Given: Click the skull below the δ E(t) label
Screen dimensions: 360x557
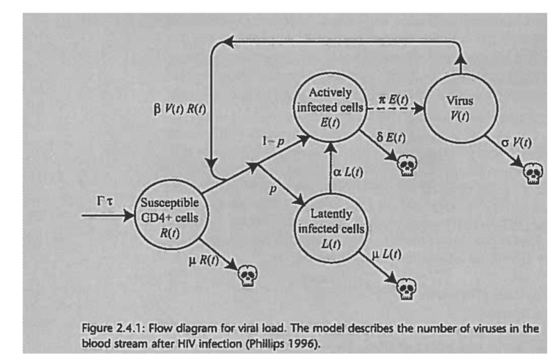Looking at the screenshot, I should [407, 167].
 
